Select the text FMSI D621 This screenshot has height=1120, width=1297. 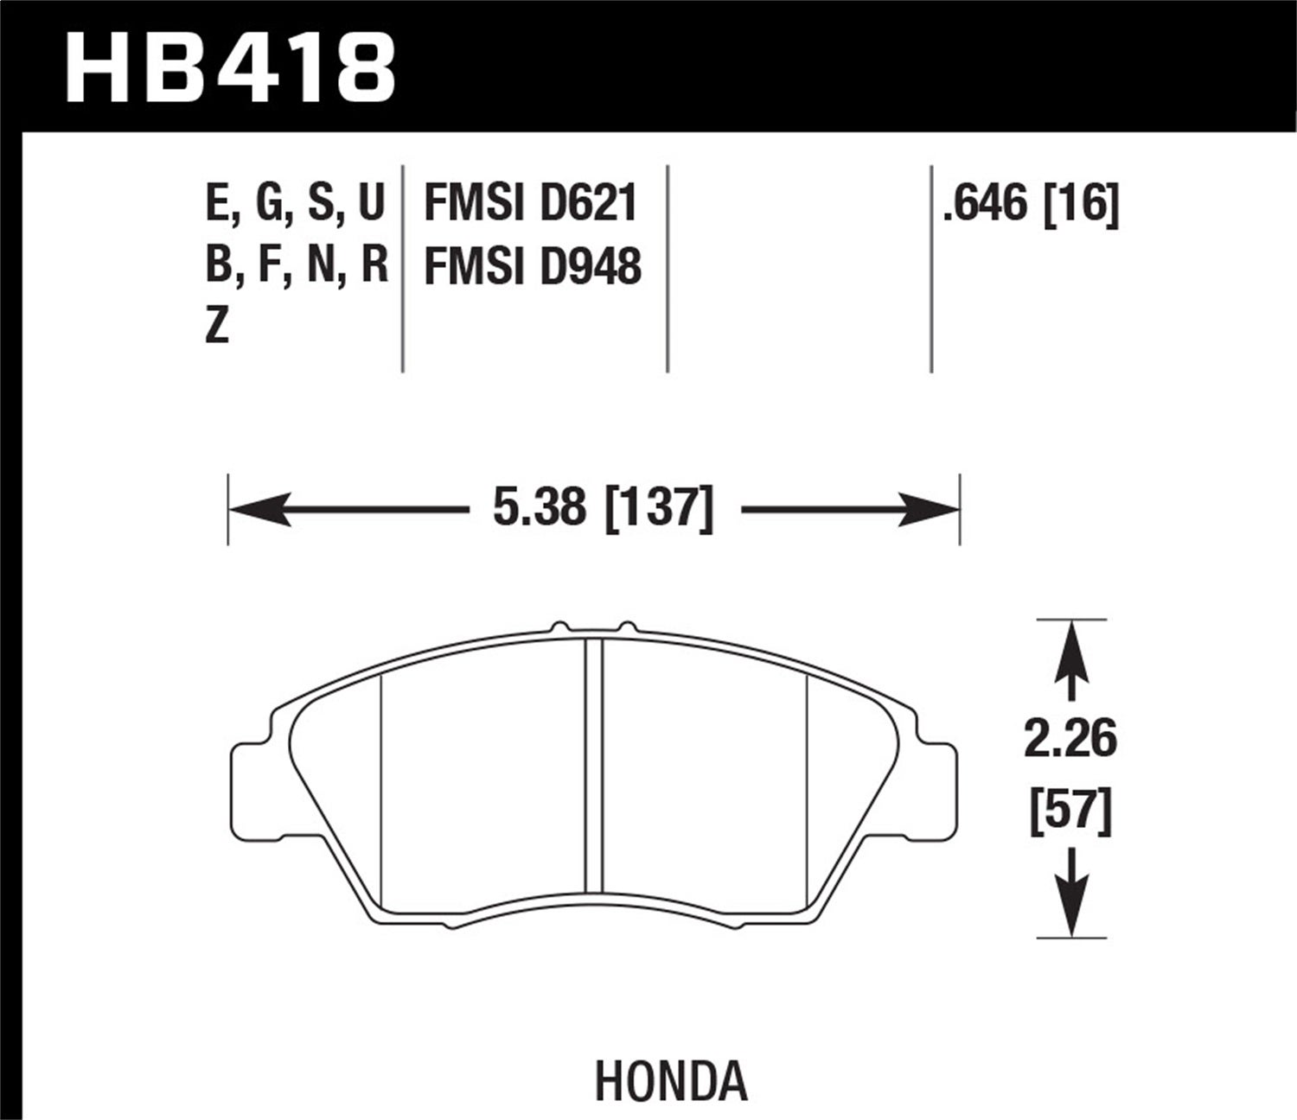tap(531, 205)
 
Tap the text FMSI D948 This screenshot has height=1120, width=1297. tap(533, 266)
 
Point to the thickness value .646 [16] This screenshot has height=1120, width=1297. tap(1031, 205)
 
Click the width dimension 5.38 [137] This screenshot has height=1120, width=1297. tap(603, 508)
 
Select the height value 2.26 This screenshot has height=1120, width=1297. tap(1070, 740)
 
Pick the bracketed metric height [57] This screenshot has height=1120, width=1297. tap(1070, 811)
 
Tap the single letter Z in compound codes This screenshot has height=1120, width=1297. tap(217, 327)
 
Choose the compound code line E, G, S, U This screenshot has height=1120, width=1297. tap(295, 205)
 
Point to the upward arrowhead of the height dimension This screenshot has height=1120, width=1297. tap(1071, 648)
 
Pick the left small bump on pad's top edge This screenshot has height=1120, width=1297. tap(561, 627)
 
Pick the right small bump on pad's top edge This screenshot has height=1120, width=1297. tap(627, 627)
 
